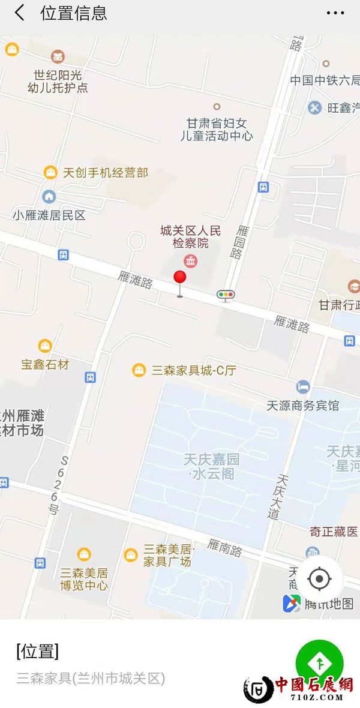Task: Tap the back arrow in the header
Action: click(20, 13)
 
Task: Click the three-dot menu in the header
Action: click(335, 13)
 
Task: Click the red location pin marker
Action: click(179, 278)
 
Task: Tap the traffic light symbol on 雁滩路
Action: click(226, 294)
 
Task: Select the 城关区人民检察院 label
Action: click(191, 236)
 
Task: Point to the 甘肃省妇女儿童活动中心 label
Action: click(217, 129)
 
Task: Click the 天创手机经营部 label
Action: click(105, 173)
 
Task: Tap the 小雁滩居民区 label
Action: click(49, 215)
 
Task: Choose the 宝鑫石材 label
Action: click(45, 364)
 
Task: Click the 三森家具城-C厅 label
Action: click(193, 370)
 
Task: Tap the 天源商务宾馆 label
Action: click(303, 405)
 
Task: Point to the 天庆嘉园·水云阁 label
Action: click(211, 467)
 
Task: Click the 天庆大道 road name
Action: click(279, 496)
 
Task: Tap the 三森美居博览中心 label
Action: click(84, 578)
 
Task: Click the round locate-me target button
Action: click(319, 579)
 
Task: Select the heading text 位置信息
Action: click(74, 13)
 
